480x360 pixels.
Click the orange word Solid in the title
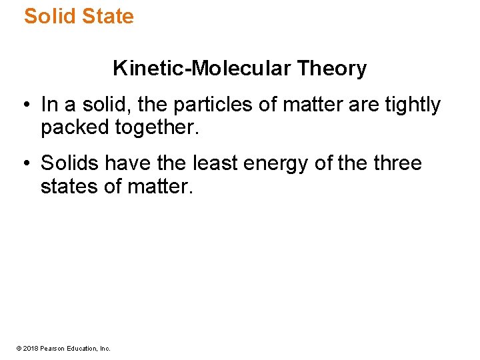tap(49, 16)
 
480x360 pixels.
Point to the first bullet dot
tap(24, 105)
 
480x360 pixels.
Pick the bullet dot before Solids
tap(24, 164)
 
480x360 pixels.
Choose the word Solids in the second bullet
tap(69, 163)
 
